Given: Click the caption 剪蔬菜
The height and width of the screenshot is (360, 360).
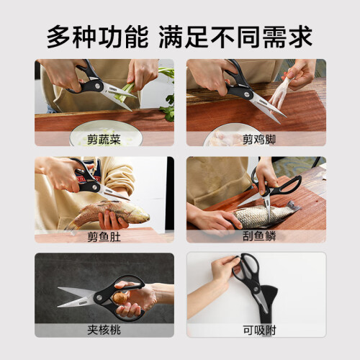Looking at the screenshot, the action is click(104, 140).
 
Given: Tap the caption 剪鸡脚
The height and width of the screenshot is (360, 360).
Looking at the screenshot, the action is click(259, 140).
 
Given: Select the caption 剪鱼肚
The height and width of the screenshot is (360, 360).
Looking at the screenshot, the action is click(104, 237).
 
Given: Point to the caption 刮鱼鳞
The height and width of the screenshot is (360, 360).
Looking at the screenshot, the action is click(259, 236).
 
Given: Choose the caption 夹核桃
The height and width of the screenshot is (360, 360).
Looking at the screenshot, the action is click(104, 330).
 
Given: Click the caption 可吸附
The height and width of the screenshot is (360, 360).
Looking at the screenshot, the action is click(259, 330).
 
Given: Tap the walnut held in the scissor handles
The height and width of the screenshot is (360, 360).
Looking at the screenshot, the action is click(118, 298).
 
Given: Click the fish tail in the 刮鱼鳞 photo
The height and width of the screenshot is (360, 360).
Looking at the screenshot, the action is click(293, 207).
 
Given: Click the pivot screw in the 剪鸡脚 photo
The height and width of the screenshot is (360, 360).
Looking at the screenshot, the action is click(246, 94).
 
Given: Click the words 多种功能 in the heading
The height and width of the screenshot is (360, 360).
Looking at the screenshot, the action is click(97, 37).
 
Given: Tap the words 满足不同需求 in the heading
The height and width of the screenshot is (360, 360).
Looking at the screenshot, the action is click(235, 37).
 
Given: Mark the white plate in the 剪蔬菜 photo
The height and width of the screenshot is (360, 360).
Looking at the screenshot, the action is click(106, 135).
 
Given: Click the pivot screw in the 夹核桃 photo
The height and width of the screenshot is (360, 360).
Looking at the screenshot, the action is click(99, 298).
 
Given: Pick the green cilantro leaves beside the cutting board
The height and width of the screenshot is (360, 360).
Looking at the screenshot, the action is click(168, 106).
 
